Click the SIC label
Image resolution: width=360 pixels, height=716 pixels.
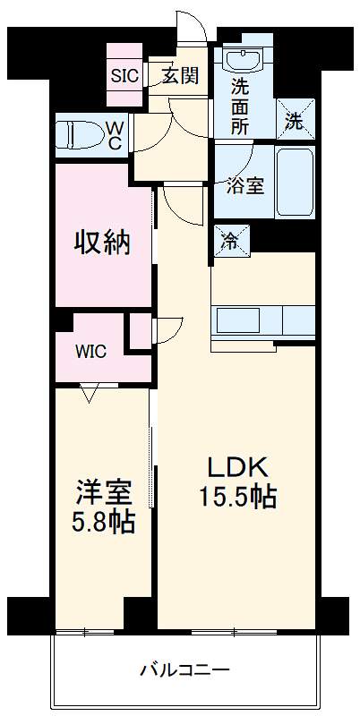click(124, 75)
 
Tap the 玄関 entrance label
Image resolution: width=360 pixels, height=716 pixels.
click(179, 75)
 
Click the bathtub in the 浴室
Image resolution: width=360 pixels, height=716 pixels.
click(294, 183)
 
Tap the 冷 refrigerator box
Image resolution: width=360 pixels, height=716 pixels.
click(230, 240)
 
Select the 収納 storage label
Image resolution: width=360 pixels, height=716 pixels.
click(102, 242)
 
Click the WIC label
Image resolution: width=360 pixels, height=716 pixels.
click(90, 352)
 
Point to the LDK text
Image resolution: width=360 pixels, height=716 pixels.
click(236, 467)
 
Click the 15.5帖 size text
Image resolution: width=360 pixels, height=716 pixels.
click(236, 498)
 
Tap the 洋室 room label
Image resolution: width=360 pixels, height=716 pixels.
click(104, 491)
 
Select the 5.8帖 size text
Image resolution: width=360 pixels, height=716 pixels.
click(104, 521)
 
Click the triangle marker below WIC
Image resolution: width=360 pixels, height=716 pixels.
click(89, 391)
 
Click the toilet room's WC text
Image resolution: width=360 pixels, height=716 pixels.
click(116, 135)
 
